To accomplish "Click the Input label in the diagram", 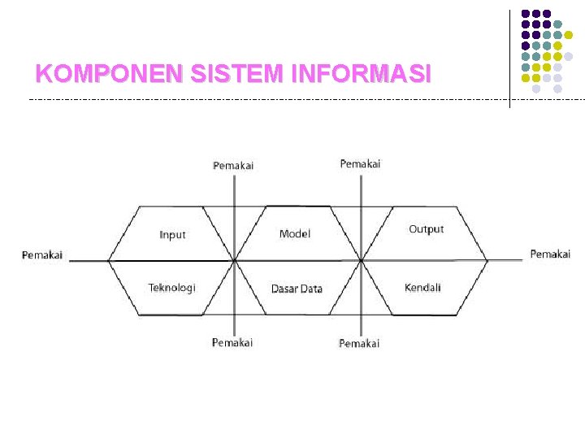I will [x=172, y=235].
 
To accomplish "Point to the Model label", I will [x=294, y=234].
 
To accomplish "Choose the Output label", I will [x=426, y=229].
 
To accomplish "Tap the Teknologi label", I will [x=171, y=288].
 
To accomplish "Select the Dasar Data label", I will [x=297, y=289].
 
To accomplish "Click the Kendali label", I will [x=422, y=288].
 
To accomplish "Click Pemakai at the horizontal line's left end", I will [x=42, y=255].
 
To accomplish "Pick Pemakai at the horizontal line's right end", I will [x=550, y=254].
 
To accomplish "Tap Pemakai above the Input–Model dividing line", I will [x=233, y=166].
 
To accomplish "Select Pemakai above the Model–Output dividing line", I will [x=360, y=164].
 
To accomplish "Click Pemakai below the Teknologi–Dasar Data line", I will [x=232, y=342].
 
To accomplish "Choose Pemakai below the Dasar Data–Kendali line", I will [x=359, y=343].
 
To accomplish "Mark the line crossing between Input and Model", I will [x=235, y=261].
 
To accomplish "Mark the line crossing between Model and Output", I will [x=361, y=261].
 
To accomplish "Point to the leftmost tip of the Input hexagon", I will [x=109, y=261].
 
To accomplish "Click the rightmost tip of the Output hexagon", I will [x=487, y=261].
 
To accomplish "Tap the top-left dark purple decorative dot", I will [x=526, y=14].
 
